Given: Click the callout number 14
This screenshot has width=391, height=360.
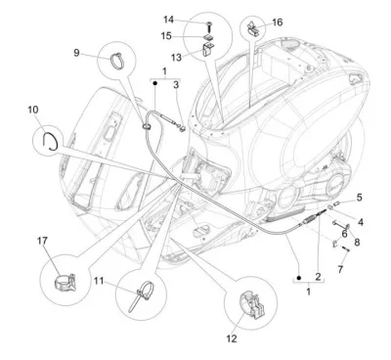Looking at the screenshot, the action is click(x=168, y=20).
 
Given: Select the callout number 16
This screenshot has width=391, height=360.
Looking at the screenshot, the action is click(x=278, y=22).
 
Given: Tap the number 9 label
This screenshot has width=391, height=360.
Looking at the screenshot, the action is click(x=76, y=53).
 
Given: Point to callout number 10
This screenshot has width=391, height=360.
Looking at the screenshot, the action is click(x=33, y=110).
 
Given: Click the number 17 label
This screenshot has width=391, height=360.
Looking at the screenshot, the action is click(x=42, y=241).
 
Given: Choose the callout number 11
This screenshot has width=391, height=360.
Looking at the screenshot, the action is click(x=99, y=281).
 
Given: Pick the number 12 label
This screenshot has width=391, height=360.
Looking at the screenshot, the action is click(x=232, y=338).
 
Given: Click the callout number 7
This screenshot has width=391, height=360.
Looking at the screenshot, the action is click(x=340, y=269).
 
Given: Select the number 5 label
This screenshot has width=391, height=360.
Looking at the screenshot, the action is click(x=359, y=198).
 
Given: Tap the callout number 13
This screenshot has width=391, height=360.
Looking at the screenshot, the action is click(x=176, y=58).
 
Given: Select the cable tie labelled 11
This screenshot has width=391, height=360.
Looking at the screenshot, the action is click(x=142, y=295).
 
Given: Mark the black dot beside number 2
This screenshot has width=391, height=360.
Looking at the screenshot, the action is click(x=299, y=278).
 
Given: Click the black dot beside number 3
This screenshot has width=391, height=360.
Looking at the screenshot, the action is click(x=155, y=83).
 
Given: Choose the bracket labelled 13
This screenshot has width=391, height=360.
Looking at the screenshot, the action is click(x=207, y=50).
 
